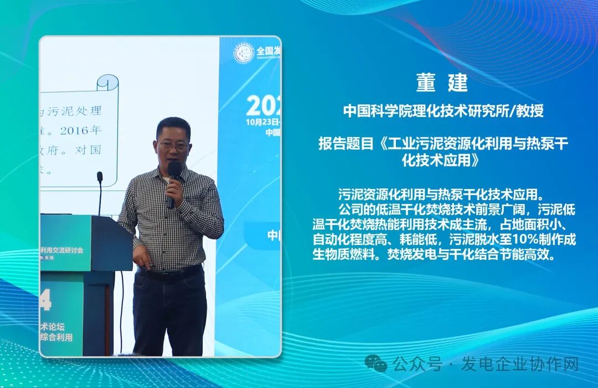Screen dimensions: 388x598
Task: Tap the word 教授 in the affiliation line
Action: (530, 111)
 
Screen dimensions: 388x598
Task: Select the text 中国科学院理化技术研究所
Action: (430, 111)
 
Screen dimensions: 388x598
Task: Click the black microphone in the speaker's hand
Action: (173, 180)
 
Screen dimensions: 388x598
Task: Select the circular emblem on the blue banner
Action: (244, 53)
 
